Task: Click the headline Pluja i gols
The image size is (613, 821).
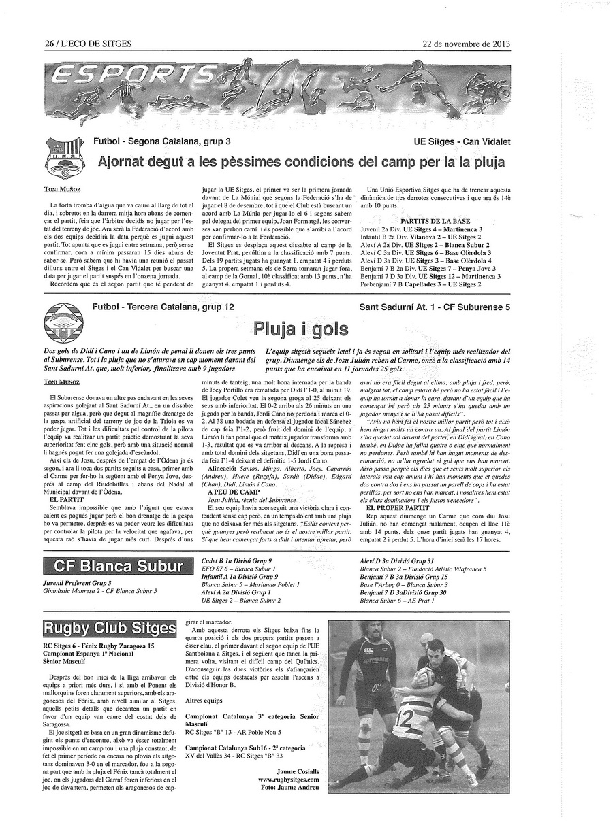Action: click(300, 329)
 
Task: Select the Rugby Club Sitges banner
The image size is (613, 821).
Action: click(109, 628)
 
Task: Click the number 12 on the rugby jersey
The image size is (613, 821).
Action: click(403, 718)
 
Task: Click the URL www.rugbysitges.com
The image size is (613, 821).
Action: click(289, 779)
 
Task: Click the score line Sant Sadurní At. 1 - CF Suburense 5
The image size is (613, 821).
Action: click(435, 307)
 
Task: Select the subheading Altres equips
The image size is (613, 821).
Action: click(204, 699)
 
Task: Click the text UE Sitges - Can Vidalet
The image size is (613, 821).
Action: click(462, 142)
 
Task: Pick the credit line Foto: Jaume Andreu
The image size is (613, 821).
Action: click(289, 787)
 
